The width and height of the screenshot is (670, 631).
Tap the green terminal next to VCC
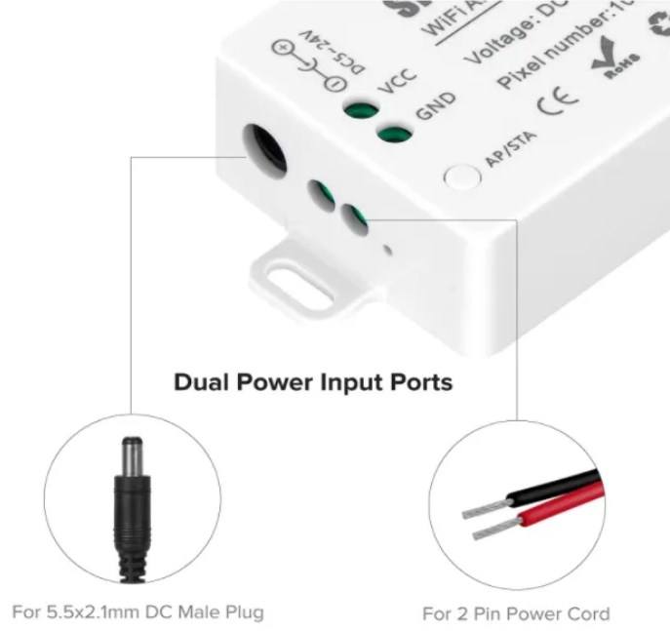click(x=360, y=110)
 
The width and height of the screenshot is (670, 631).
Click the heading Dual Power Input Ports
click(x=312, y=381)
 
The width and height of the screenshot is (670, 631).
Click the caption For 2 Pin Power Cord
click(x=516, y=613)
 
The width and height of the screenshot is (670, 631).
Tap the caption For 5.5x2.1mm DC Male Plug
click(x=138, y=612)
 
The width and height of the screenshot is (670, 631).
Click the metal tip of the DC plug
click(x=128, y=456)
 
